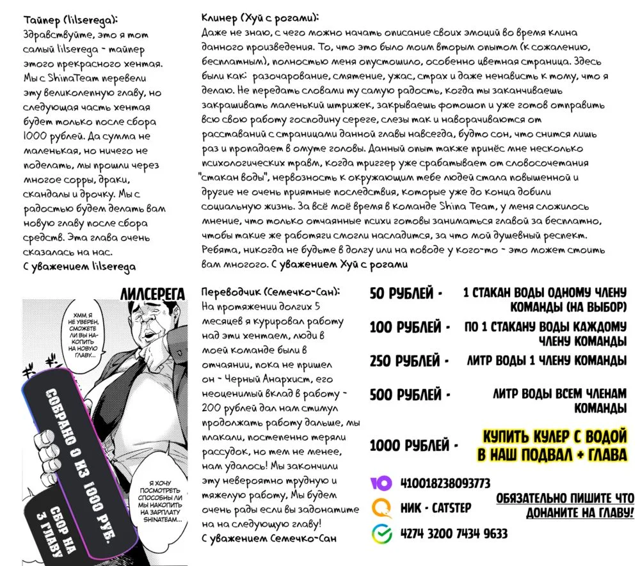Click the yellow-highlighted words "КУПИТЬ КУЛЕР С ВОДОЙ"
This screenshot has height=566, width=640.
pos(554,437)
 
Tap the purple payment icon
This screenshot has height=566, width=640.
pos(382,483)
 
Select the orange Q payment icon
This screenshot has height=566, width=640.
pos(382,508)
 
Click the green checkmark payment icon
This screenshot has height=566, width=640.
pos(382,533)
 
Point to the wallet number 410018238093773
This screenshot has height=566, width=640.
pos(445,483)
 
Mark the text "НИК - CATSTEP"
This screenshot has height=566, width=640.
pos(435,508)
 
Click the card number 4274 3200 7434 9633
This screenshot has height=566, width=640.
pos(454,533)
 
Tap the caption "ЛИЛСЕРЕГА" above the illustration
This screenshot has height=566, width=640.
pos(152,294)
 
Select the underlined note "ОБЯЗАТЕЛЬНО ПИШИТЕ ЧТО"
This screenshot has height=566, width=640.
pos(565,498)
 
